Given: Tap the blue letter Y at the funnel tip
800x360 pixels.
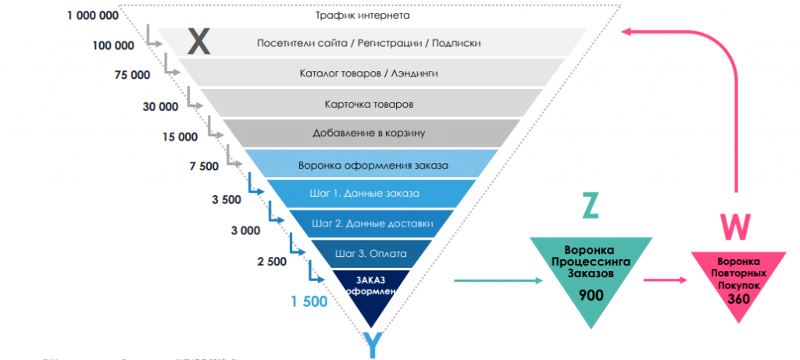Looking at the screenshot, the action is point(373,344).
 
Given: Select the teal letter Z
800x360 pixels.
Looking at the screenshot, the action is point(591,205).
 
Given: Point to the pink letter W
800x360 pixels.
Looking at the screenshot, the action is point(735,226).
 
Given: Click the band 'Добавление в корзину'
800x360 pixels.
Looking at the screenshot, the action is point(369,133).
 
